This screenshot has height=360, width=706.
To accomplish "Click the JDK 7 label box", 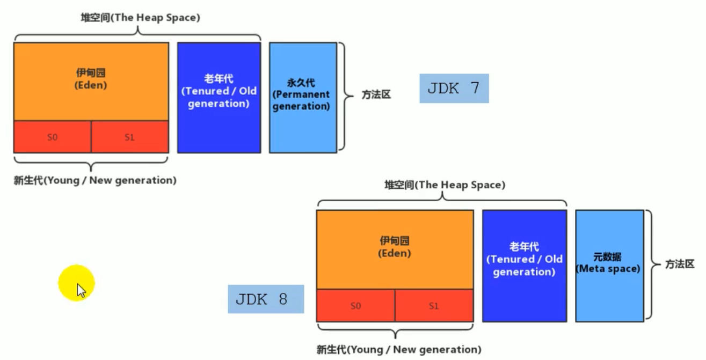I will tap(454, 89).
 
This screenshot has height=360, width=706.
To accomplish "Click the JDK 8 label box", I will tap(266, 299).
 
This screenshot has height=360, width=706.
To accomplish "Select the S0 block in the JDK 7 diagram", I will tap(52, 137).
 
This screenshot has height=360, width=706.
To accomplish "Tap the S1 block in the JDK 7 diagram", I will tap(129, 137).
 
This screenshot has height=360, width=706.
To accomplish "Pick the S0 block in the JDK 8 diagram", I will tap(355, 306).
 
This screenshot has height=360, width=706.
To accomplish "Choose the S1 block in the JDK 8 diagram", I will tap(434, 306).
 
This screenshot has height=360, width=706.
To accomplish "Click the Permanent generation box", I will tap(303, 98).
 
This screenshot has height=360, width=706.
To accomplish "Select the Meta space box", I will tap(609, 266).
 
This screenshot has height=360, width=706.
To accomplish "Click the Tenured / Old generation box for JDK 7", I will tap(219, 98).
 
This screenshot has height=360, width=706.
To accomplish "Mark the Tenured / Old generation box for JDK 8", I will tap(524, 266).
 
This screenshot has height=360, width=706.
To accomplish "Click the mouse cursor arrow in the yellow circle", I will tap(81, 290).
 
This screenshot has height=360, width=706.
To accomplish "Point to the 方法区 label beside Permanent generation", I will tap(376, 95).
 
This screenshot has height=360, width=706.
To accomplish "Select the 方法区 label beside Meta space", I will tap(680, 265).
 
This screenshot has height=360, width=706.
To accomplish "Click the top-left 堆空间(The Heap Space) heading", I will tap(140, 18).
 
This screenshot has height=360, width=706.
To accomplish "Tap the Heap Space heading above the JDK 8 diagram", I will tap(445, 185).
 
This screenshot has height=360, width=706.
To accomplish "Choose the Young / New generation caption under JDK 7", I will tap(95, 180).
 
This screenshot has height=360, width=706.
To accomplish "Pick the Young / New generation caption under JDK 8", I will tap(399, 350).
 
